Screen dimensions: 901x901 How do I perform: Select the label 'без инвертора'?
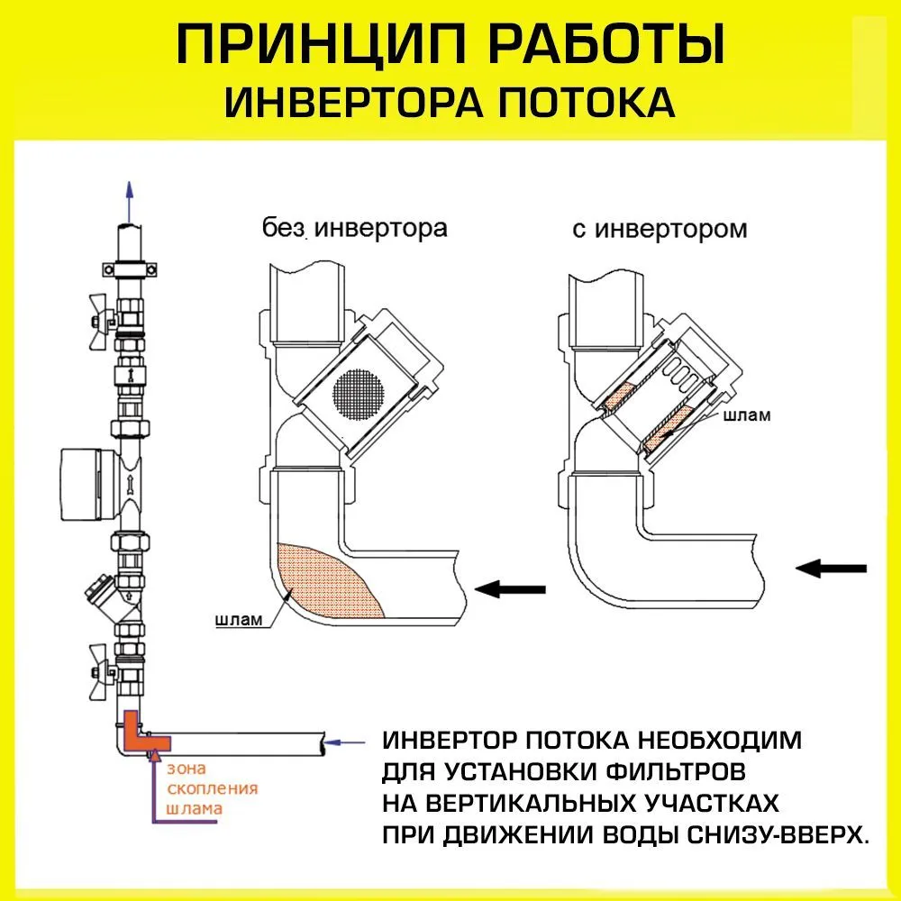point(355,228)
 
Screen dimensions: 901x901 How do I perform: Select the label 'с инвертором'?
point(660,230)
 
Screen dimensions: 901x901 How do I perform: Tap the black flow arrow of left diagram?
point(510,589)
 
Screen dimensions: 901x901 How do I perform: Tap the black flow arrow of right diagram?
point(831,568)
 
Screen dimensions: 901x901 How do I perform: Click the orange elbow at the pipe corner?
point(140,732)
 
